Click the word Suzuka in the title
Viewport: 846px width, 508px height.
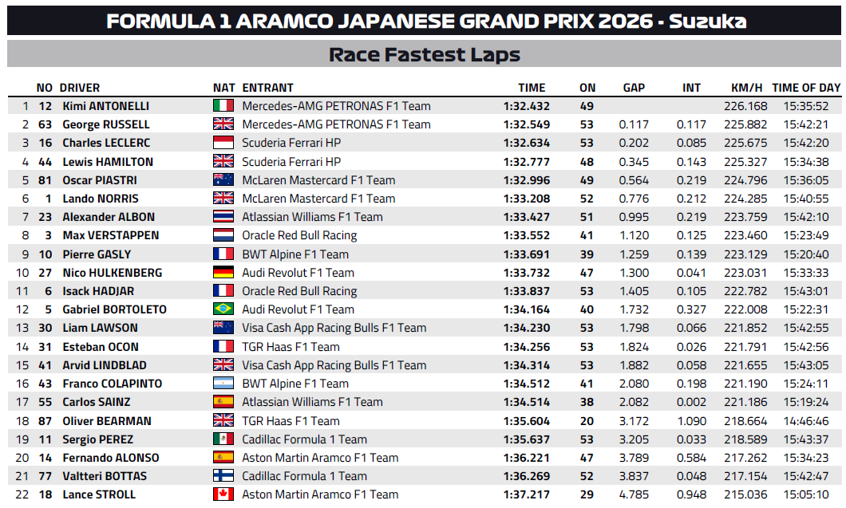[x=708, y=21]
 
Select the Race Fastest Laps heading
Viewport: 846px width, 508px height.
[x=424, y=54]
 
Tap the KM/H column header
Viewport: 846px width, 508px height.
[x=746, y=88]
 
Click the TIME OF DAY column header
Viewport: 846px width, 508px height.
[x=806, y=88]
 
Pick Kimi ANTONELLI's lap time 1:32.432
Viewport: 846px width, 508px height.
[x=526, y=106]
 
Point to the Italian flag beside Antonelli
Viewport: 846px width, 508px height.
[x=223, y=106]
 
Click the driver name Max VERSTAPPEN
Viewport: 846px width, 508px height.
[x=110, y=235]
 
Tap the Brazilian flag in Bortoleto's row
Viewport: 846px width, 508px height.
[x=223, y=309]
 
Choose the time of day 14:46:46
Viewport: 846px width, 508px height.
[x=806, y=421]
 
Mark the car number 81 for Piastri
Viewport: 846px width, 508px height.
[x=45, y=180]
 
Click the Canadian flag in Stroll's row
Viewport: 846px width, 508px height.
[x=223, y=494]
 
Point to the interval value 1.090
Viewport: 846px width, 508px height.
[x=691, y=421]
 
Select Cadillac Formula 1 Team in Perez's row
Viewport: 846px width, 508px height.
[x=304, y=439]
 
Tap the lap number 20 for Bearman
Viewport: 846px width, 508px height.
[x=587, y=421]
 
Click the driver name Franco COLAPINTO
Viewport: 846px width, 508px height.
[x=112, y=384]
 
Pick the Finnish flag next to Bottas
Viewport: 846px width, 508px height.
[x=223, y=476]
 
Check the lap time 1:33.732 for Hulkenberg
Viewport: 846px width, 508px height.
[x=526, y=273]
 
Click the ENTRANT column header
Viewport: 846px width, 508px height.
[x=267, y=88]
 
